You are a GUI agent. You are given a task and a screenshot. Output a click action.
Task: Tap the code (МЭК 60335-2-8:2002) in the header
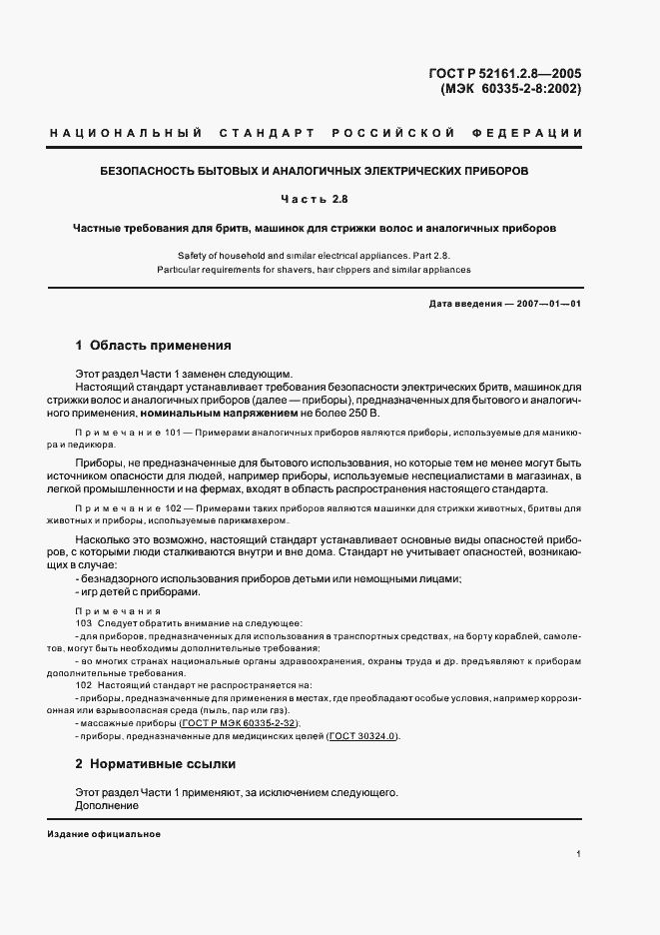coord(510,88)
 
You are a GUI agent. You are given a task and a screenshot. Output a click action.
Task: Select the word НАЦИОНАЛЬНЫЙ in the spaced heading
coord(126,134)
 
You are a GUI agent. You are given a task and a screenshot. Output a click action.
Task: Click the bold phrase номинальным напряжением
coord(205,414)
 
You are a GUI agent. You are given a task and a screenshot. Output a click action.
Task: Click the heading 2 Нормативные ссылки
coord(156,764)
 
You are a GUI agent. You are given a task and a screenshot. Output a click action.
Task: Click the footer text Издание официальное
coord(104,834)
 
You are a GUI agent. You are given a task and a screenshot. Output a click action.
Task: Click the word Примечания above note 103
coord(111,609)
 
